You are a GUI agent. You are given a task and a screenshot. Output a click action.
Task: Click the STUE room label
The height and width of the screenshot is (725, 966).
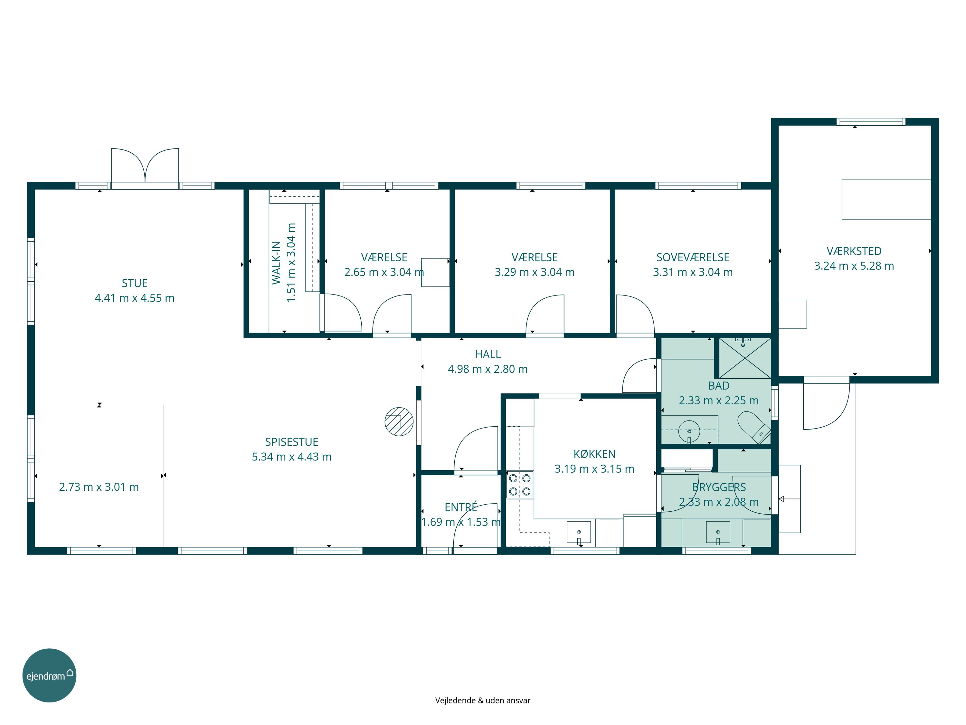pos(135,283)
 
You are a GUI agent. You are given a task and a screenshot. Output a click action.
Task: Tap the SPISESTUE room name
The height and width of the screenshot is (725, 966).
pos(292,442)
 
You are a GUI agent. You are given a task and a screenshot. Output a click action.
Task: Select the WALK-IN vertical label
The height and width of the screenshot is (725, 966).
pos(276,263)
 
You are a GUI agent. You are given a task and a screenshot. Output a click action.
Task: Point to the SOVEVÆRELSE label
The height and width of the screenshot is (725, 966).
pos(693,257)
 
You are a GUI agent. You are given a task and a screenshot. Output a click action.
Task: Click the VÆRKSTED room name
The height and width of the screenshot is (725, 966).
pos(854,251)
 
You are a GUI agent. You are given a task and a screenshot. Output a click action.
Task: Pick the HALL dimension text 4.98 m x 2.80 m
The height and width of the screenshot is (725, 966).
pos(488,369)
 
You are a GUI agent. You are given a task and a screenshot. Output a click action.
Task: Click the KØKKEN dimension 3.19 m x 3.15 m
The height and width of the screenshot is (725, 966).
pos(594,469)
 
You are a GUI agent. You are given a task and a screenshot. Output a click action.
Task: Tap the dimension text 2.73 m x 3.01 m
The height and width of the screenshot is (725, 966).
pos(99,487)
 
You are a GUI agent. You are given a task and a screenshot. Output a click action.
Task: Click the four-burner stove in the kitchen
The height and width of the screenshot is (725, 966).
pos(520,485)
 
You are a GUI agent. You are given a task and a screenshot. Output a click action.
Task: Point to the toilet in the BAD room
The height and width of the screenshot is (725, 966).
pos(753,427)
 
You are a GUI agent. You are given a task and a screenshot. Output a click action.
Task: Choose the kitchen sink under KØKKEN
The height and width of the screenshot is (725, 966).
pos(579,533)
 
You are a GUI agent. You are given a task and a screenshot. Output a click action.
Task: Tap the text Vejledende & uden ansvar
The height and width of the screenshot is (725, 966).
pos(483,701)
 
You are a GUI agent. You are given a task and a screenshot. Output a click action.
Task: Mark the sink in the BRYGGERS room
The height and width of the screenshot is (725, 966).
pos(718,533)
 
